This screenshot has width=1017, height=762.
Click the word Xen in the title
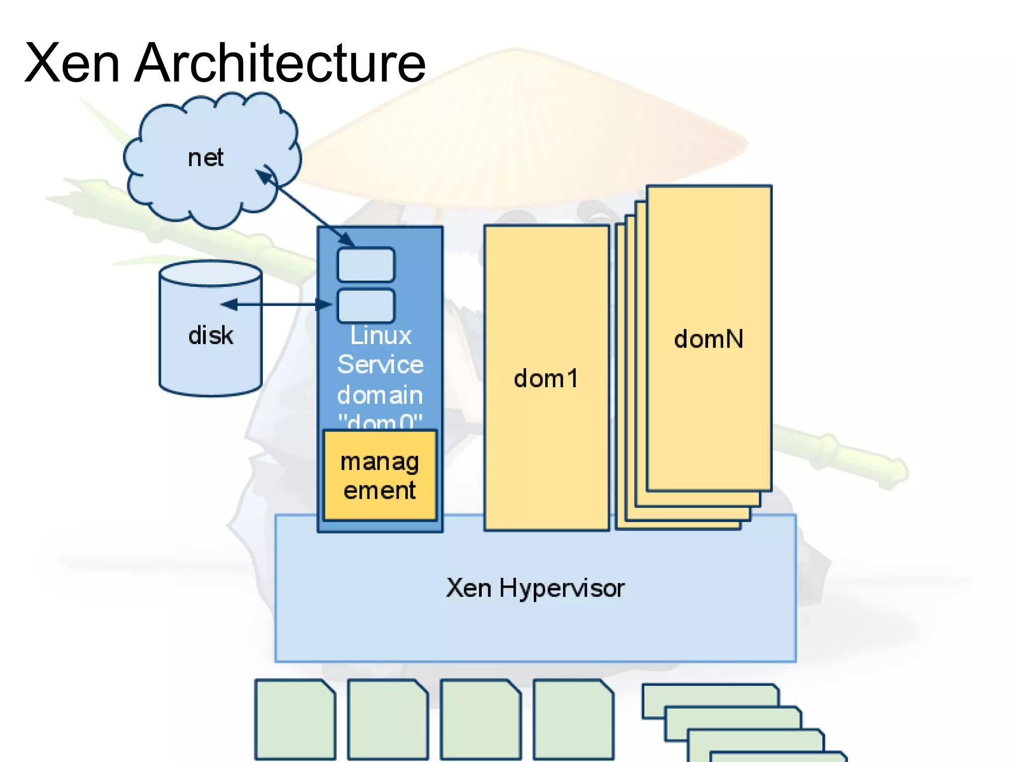click(73, 63)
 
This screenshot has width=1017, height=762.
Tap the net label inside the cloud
click(206, 158)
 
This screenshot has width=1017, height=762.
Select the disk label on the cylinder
click(211, 335)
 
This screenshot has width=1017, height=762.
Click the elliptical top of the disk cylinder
click(211, 274)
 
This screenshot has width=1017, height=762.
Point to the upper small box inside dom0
click(366, 265)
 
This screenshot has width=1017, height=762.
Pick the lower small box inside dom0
click(366, 305)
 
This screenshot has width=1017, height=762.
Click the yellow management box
click(380, 475)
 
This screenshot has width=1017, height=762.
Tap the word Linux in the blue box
click(381, 336)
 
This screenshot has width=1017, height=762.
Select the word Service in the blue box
click(380, 364)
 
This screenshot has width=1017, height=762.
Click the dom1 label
click(546, 379)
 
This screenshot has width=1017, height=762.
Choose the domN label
click(709, 339)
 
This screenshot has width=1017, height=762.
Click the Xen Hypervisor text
click(535, 588)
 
